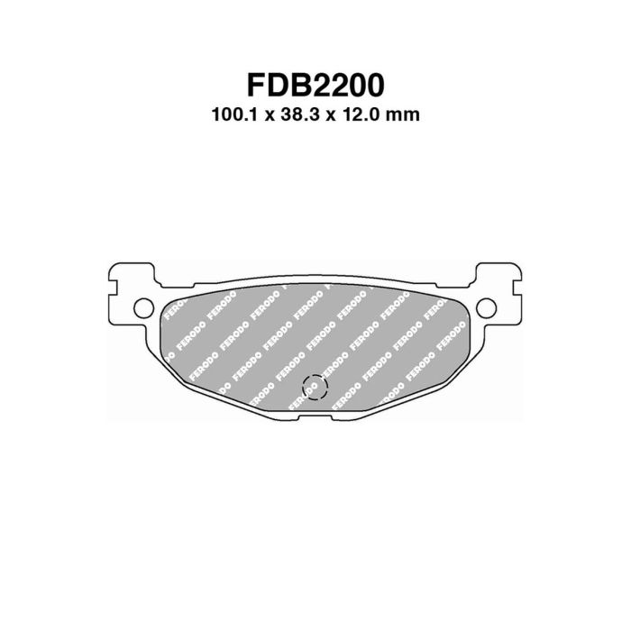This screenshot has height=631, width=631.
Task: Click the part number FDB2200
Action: point(315,85)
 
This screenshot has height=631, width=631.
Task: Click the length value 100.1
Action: point(237,114)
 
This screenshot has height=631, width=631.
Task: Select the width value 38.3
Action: point(300,114)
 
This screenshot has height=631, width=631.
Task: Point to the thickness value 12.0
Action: point(360,114)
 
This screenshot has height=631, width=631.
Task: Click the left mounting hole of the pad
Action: point(143,308)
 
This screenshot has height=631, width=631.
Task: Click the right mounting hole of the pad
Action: point(486,308)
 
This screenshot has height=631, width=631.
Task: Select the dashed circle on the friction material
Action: point(315,387)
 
